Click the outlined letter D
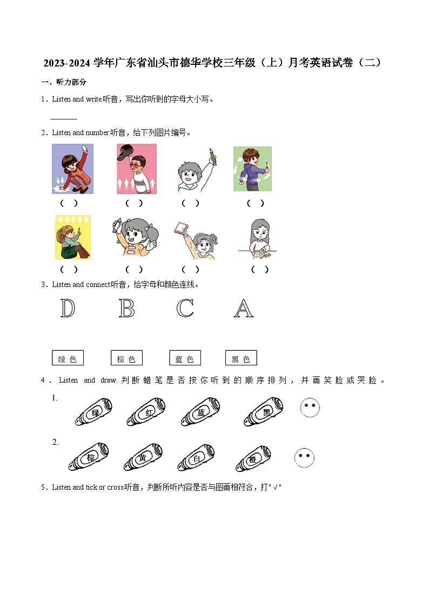(68, 309)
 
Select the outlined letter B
(126, 309)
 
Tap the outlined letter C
(185, 309)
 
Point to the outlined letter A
(244, 309)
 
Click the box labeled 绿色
(68, 358)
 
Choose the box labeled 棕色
(126, 358)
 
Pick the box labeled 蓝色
(185, 358)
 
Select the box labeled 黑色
(241, 358)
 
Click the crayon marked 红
(146, 412)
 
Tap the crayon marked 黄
(142, 458)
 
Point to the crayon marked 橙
(253, 459)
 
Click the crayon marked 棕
(89, 457)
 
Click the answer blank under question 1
(64, 118)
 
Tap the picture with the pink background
(137, 169)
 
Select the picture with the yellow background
(73, 237)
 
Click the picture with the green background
(252, 169)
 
